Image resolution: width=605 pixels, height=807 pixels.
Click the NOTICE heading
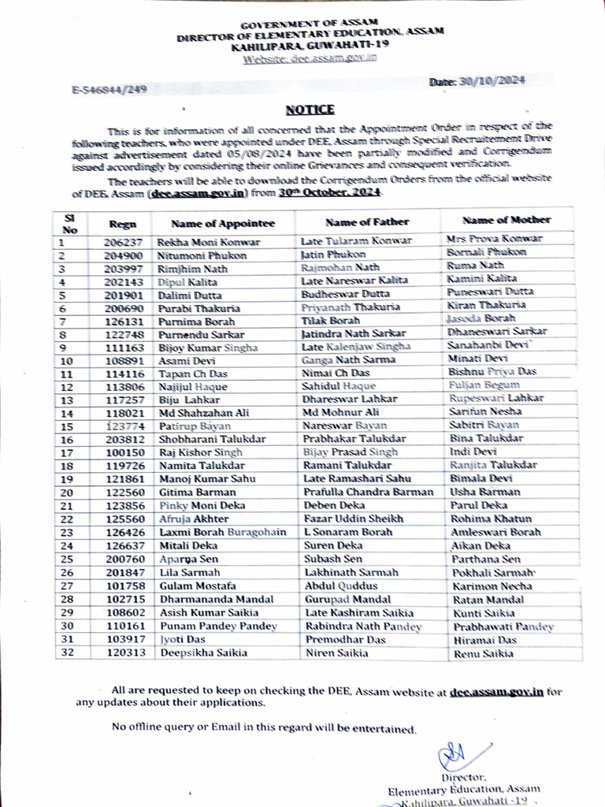pyautogui.click(x=310, y=110)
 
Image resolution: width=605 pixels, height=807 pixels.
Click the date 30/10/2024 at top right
pyautogui.click(x=478, y=81)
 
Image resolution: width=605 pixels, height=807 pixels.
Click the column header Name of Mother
pyautogui.click(x=507, y=220)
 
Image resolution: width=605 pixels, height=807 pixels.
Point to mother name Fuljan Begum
pyautogui.click(x=484, y=385)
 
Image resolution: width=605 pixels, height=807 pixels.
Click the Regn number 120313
pyautogui.click(x=122, y=653)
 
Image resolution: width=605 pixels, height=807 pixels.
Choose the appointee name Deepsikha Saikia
pyautogui.click(x=202, y=653)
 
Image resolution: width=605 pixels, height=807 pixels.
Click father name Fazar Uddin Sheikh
pyautogui.click(x=354, y=519)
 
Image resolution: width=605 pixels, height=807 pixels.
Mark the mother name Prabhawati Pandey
pyautogui.click(x=503, y=627)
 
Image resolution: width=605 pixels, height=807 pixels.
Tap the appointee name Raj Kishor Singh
pyautogui.click(x=200, y=452)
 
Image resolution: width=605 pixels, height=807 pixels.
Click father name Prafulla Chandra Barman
pyautogui.click(x=368, y=492)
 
